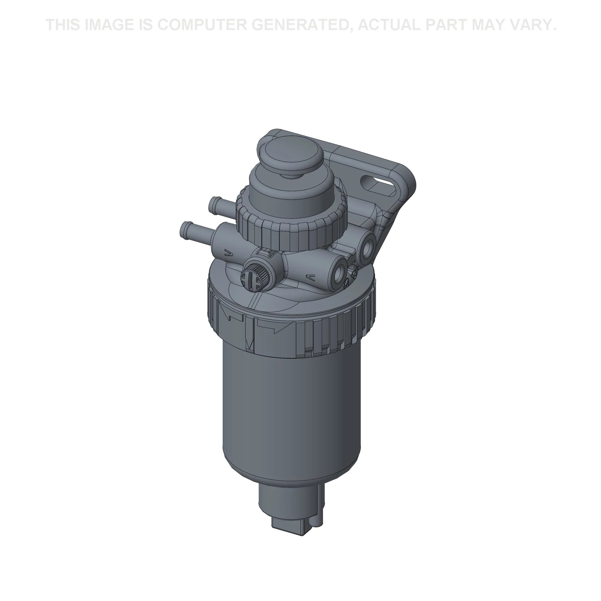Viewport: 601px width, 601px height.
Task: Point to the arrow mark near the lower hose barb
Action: (x=228, y=253)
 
